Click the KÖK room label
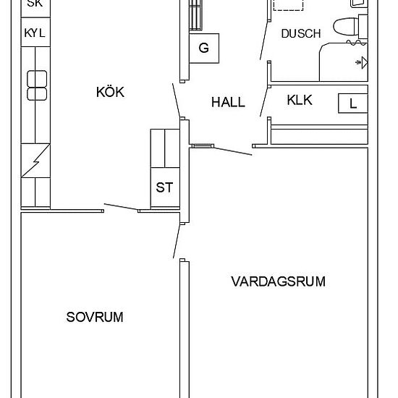pyautogui.click(x=110, y=92)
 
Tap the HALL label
pyautogui.click(x=228, y=103)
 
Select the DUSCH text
pyautogui.click(x=300, y=33)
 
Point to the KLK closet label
pyautogui.click(x=300, y=101)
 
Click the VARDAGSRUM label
pyautogui.click(x=278, y=281)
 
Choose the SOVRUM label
pyautogui.click(x=95, y=317)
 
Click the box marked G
pyautogui.click(x=203, y=49)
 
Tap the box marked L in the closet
pyautogui.click(x=353, y=103)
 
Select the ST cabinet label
pyautogui.click(x=164, y=187)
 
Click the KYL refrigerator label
pyautogui.click(x=35, y=33)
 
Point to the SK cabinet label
pyautogui.click(x=35, y=4)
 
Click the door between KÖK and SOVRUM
pyautogui.click(x=121, y=208)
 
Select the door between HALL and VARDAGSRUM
pyautogui.click(x=220, y=149)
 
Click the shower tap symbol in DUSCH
pyautogui.click(x=360, y=64)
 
